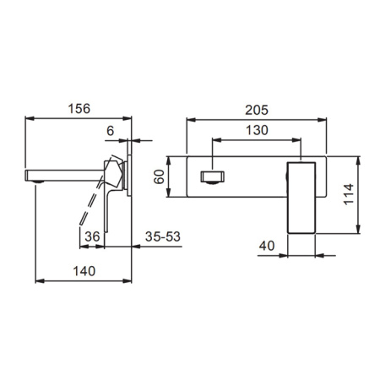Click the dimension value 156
pos(79,108)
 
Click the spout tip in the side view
pos(35,176)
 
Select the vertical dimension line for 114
pos(362,194)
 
